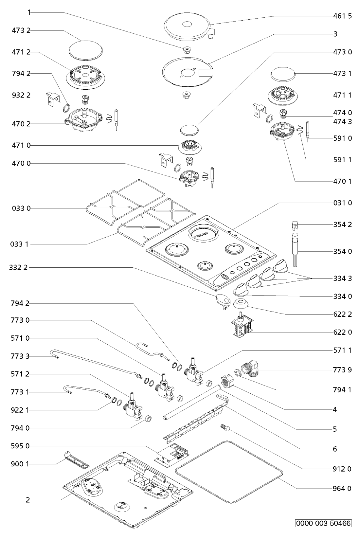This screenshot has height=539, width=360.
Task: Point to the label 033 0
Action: tap(21, 208)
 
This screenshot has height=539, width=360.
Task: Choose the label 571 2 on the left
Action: tap(21, 374)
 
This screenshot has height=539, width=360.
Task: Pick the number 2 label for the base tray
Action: tap(28, 500)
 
